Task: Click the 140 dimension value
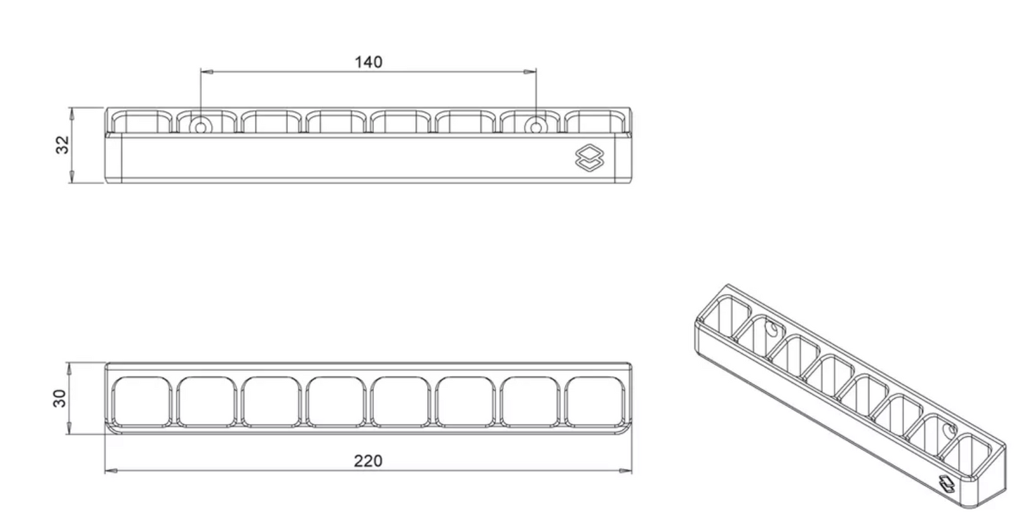tap(368, 62)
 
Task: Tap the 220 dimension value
tap(368, 461)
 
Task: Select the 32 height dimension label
tap(63, 145)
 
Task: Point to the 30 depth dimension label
tap(61, 398)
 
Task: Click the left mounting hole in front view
tap(201, 127)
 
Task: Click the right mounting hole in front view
tap(536, 127)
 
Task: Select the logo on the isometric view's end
tap(947, 483)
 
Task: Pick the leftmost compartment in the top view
tap(141, 402)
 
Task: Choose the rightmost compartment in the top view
tap(595, 402)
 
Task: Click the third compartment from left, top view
tap(271, 402)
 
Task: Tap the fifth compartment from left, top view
tap(400, 402)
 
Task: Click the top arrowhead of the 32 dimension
tap(71, 111)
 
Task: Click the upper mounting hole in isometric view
tap(772, 328)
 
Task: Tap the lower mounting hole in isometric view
tap(952, 429)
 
